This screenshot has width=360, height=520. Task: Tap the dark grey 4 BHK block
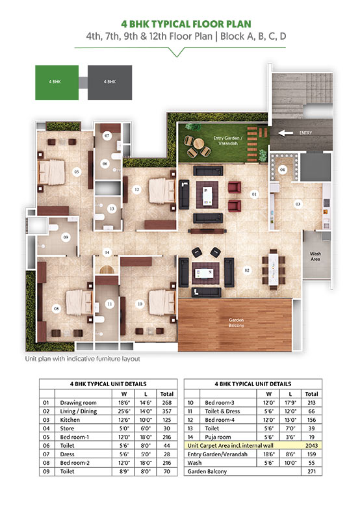click(x=109, y=82)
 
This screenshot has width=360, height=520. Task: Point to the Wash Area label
click(x=316, y=255)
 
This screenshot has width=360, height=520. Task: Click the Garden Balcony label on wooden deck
click(x=235, y=322)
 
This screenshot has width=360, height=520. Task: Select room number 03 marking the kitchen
click(x=298, y=204)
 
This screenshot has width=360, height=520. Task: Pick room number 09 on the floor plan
click(x=66, y=238)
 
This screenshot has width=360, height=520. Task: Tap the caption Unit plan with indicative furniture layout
click(x=83, y=358)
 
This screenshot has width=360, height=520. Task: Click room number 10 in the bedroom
click(x=139, y=304)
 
